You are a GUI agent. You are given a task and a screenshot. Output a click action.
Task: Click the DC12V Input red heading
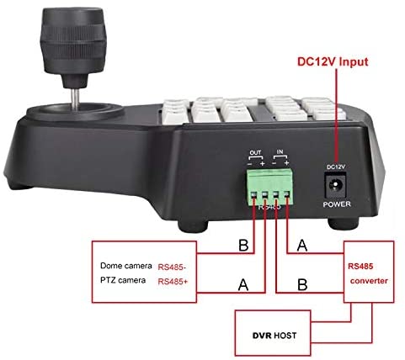[333, 61]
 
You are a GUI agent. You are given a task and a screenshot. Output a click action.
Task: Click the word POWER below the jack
[337, 204]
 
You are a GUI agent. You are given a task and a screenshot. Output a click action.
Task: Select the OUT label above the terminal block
[255, 153]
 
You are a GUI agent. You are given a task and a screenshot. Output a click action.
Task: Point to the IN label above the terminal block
[280, 152]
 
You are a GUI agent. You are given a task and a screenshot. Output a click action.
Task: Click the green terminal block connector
[270, 187]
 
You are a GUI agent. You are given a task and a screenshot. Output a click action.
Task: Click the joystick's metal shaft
[75, 98]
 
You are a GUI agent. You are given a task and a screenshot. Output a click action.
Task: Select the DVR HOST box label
[274, 336]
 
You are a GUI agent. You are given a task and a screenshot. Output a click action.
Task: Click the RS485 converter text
[368, 273]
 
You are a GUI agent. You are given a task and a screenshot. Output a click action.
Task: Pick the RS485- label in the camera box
[172, 267]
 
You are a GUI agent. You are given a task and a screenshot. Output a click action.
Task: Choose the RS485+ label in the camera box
[173, 282]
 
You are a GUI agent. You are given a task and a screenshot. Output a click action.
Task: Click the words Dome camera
[126, 266]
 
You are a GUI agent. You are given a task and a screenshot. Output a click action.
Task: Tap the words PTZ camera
[123, 280]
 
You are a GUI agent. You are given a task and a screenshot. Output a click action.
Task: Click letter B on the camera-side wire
[243, 245]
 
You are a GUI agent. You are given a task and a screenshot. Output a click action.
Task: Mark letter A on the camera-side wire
[243, 284]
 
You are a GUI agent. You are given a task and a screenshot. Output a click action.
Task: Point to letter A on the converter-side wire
[302, 245]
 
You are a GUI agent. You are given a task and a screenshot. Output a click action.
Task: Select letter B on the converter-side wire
[302, 284]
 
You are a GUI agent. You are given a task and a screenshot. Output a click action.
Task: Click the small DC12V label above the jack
[336, 167]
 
